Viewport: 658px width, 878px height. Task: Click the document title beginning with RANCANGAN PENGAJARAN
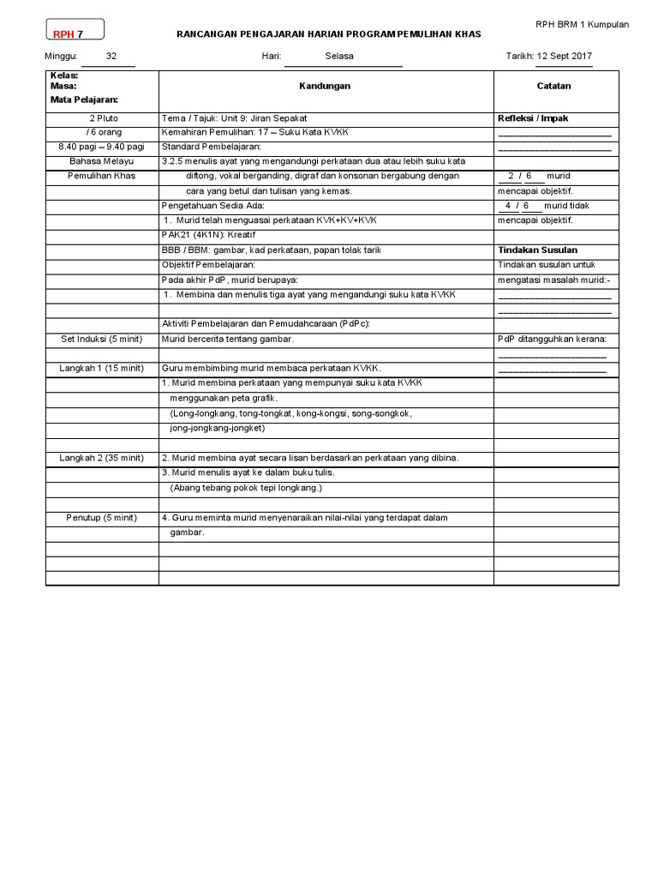(x=329, y=34)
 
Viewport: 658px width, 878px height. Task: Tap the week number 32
(x=111, y=57)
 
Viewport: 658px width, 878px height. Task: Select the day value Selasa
(x=339, y=57)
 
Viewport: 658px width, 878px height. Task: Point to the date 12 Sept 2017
(x=564, y=57)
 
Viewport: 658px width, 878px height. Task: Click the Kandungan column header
(x=325, y=86)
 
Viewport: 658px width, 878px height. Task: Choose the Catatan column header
(x=554, y=86)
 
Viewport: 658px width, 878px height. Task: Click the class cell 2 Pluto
(x=103, y=118)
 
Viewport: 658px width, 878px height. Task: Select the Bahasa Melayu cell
(x=102, y=161)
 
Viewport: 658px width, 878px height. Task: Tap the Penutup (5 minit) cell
(x=102, y=518)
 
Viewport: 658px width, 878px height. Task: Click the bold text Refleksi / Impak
(x=533, y=118)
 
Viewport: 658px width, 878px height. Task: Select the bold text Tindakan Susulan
(x=537, y=250)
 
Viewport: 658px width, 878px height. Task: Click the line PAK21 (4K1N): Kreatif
(x=208, y=235)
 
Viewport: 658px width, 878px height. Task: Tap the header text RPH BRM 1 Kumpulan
(x=582, y=24)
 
